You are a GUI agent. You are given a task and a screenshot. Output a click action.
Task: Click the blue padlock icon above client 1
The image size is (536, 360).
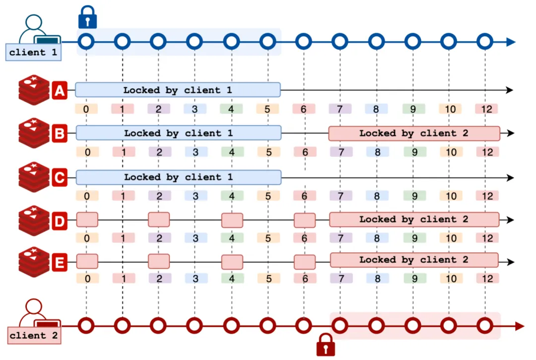point(87,17)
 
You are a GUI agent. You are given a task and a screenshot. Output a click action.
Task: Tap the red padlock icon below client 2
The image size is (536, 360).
point(326,345)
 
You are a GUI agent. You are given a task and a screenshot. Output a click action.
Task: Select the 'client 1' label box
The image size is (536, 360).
point(33,53)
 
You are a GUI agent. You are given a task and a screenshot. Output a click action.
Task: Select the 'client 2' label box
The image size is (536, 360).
point(34,336)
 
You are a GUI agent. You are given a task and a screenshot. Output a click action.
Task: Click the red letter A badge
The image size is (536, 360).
point(60,91)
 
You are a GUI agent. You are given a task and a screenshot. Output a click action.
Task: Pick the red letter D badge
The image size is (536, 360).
point(60,220)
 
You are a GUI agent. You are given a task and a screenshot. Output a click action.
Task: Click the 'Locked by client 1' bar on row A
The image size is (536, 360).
point(178,90)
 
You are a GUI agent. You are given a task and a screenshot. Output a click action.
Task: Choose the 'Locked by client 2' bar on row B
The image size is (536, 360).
point(414,133)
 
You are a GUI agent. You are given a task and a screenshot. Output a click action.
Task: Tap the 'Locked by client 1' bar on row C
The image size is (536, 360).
point(178,177)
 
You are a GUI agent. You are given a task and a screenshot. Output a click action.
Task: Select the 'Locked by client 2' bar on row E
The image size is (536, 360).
point(414,260)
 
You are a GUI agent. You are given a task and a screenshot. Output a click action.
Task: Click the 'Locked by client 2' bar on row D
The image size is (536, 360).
point(414,219)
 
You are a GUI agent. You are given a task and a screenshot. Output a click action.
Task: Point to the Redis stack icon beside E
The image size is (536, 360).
point(34,260)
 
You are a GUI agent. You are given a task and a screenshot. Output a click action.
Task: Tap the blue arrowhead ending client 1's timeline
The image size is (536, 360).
point(511,42)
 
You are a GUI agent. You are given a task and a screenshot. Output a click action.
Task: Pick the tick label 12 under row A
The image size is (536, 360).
point(486,109)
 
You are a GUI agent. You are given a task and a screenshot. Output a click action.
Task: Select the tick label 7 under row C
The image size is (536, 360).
point(340,196)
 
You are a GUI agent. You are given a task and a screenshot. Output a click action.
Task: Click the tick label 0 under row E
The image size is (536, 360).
point(87,279)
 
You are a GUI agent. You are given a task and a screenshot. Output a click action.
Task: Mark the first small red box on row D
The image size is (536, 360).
point(87,219)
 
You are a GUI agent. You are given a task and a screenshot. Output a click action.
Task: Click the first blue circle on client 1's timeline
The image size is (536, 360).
point(86,41)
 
